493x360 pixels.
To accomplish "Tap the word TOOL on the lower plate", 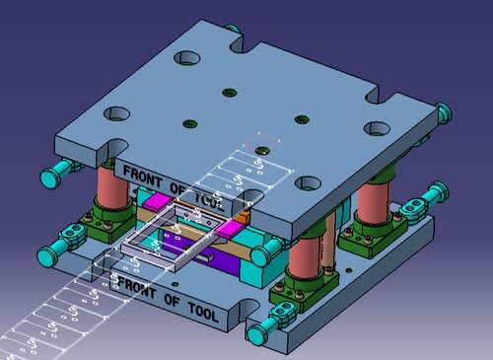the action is click(204, 312).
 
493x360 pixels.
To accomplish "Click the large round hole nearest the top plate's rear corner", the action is click(187, 58).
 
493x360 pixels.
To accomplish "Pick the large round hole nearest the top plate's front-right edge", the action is click(309, 182).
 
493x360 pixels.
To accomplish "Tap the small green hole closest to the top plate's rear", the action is click(230, 93).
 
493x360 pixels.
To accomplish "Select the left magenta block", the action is click(158, 200).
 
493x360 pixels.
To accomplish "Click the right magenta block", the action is click(228, 229).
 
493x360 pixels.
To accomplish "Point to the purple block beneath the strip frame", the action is click(210, 253).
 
